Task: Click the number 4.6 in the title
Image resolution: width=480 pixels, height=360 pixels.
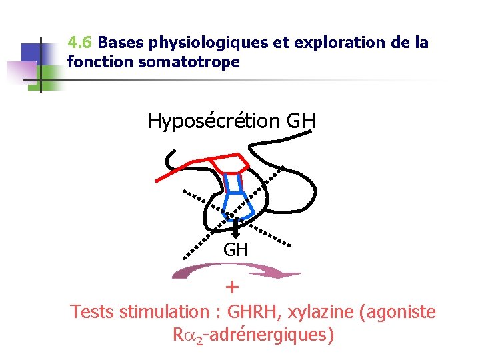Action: coord(80,44)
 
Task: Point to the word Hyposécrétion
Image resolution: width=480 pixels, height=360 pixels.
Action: coord(213,121)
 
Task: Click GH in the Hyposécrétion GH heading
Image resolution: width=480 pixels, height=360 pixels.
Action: coord(301,121)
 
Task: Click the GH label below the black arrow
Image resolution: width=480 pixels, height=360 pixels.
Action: coord(235,250)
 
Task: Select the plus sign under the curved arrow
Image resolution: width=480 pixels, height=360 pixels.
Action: coord(231,287)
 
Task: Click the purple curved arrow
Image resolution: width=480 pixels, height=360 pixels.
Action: coord(237,271)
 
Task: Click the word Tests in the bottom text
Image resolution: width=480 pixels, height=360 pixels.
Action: coord(93,311)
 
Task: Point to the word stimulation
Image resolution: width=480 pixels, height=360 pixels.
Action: coord(164,311)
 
